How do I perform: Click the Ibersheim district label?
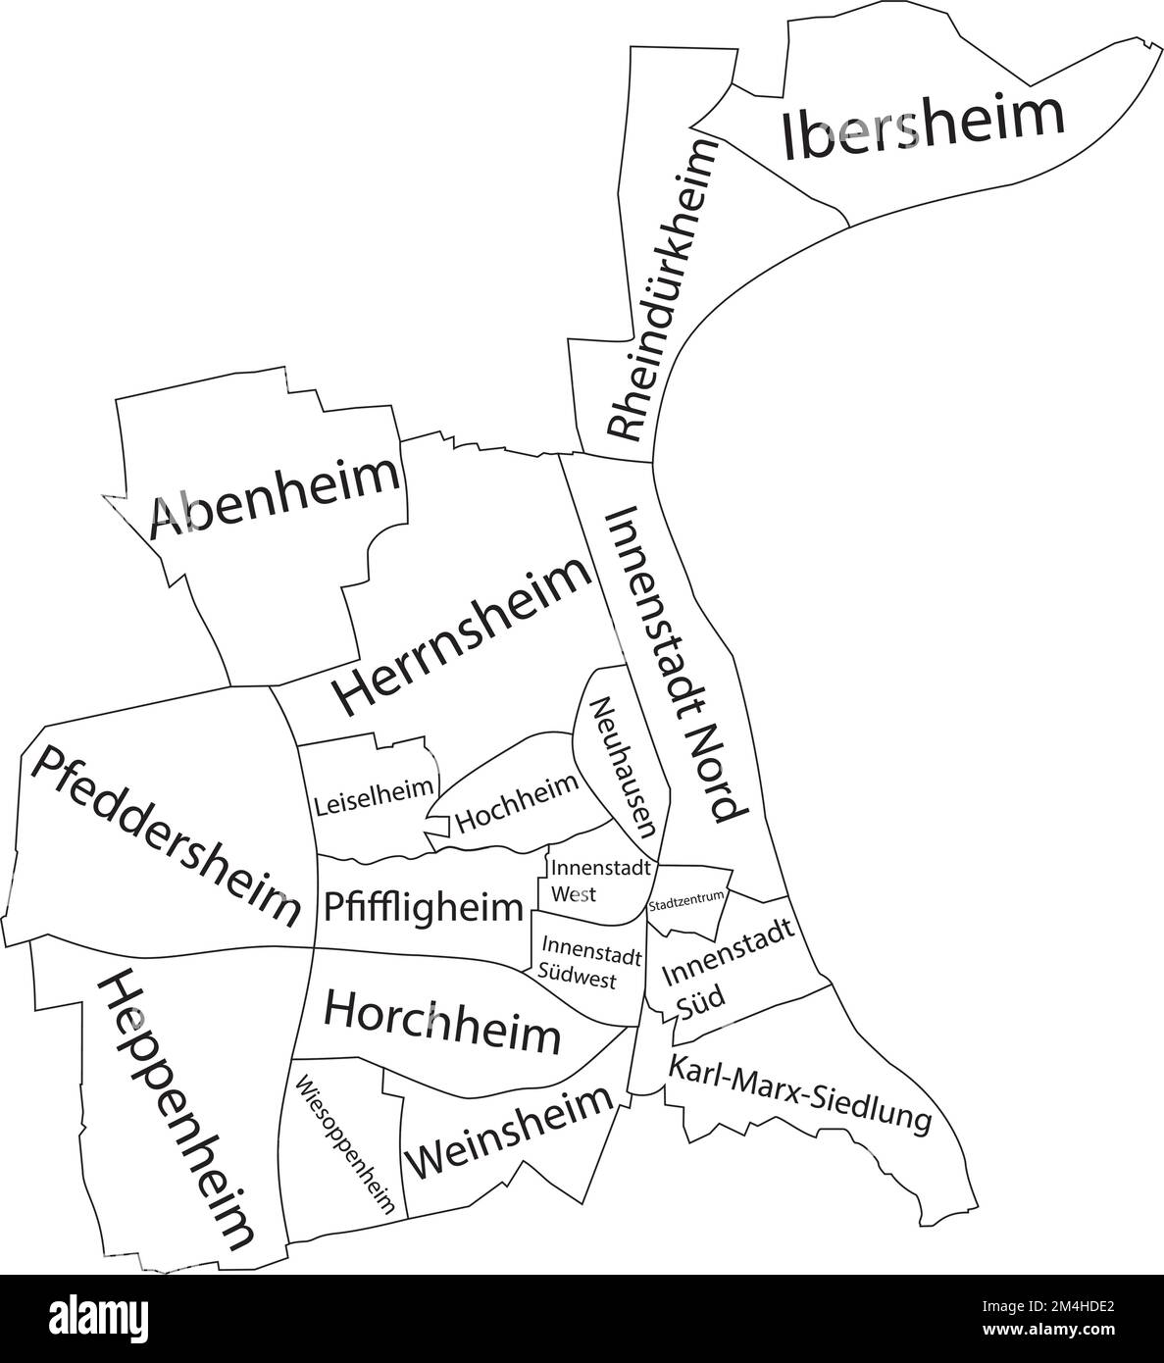[922, 126]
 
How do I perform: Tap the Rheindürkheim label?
[659, 289]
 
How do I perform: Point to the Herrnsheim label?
[462, 637]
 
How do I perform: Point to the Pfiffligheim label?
[423, 906]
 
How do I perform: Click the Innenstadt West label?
[586, 881]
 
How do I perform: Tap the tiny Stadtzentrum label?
[686, 896]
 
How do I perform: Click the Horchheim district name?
[441, 1021]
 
